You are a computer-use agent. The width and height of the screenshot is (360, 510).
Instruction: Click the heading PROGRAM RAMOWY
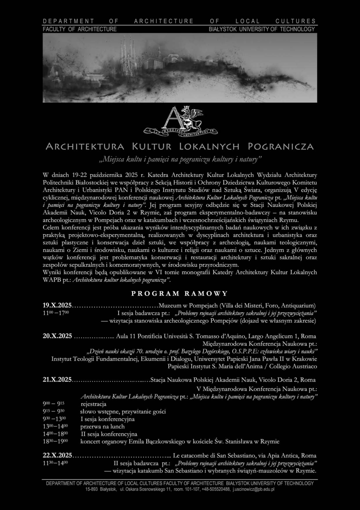click(180, 293)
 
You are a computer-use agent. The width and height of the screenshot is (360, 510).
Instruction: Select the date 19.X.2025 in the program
click(57, 305)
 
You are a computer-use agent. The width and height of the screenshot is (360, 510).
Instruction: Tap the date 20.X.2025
click(57, 336)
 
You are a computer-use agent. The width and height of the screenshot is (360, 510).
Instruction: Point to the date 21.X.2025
click(57, 380)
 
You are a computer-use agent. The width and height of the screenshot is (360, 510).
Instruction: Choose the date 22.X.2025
click(57, 455)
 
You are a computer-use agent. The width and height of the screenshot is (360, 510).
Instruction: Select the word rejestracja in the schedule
click(93, 404)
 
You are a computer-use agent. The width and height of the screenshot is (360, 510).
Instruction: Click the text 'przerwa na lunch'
click(102, 427)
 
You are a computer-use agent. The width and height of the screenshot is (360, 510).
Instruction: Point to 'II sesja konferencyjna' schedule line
click(109, 434)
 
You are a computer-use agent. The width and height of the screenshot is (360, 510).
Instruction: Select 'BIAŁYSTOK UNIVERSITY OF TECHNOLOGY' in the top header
click(262, 29)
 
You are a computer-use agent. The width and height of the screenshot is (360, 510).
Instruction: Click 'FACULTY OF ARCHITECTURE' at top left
click(80, 29)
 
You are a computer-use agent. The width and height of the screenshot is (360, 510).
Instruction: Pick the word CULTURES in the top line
click(295, 21)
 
